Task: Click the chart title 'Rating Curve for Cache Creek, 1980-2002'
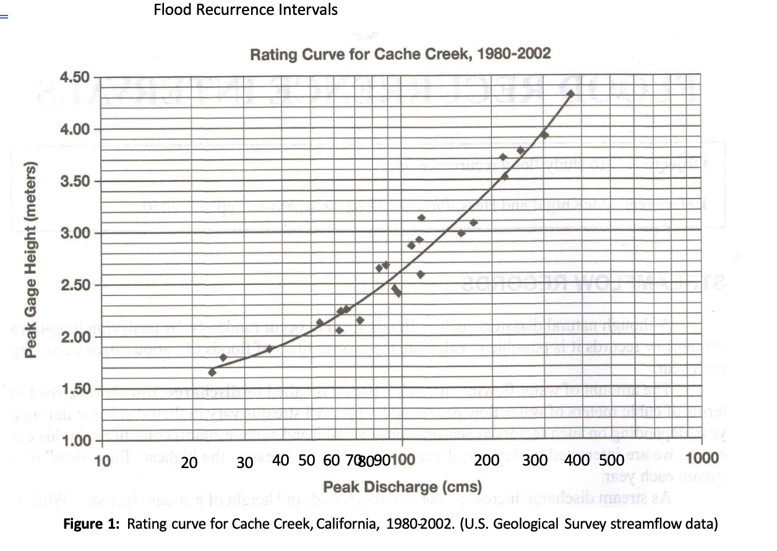(400, 54)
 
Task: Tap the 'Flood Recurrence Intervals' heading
(246, 10)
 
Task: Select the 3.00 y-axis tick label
(75, 233)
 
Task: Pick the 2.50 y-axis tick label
(75, 285)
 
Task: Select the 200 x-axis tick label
(488, 460)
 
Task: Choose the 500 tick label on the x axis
(611, 460)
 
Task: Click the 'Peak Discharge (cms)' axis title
(401, 485)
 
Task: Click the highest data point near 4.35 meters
(571, 93)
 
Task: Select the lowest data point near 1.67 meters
(212, 372)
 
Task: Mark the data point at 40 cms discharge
(269, 349)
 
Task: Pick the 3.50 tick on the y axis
(75, 181)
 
